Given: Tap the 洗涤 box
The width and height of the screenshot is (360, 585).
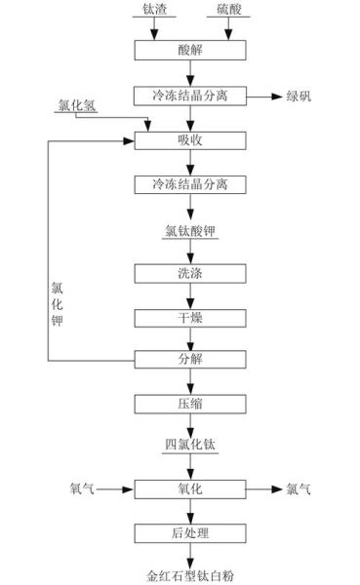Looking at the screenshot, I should pyautogui.click(x=190, y=272).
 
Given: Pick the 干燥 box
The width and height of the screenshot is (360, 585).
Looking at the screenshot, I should pyautogui.click(x=190, y=317).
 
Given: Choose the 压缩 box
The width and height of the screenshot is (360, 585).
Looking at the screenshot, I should pyautogui.click(x=190, y=404).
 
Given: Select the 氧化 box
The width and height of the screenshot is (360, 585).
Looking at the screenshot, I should pyautogui.click(x=190, y=488).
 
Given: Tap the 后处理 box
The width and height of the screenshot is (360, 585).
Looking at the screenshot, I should pyautogui.click(x=190, y=532).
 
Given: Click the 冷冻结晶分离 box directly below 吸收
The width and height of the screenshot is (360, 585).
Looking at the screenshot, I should pyautogui.click(x=190, y=185).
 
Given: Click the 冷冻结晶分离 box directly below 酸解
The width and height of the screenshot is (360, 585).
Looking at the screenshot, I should pyautogui.click(x=190, y=96).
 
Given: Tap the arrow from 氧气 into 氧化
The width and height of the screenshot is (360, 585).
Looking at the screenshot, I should pyautogui.click(x=115, y=488).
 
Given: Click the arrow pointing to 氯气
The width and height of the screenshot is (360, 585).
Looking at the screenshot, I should pyautogui.click(x=260, y=488).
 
